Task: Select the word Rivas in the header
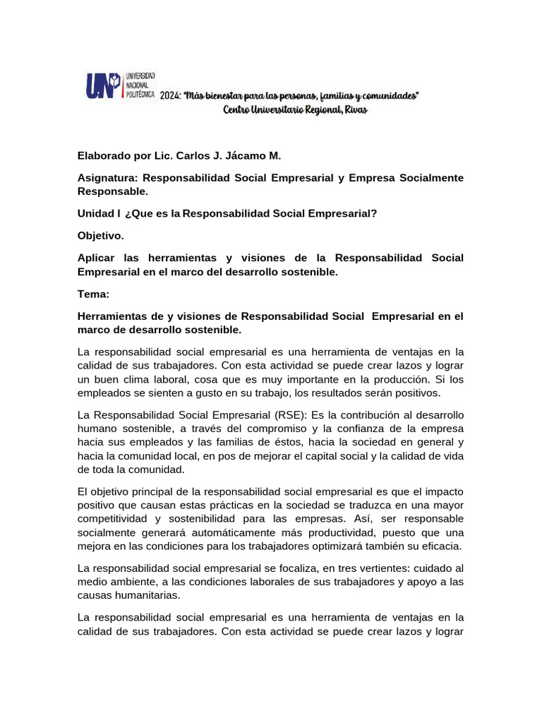(x=357, y=110)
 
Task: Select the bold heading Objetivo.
(x=100, y=235)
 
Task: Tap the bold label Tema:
(x=93, y=293)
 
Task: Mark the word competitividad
(x=114, y=518)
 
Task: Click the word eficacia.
(x=441, y=546)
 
